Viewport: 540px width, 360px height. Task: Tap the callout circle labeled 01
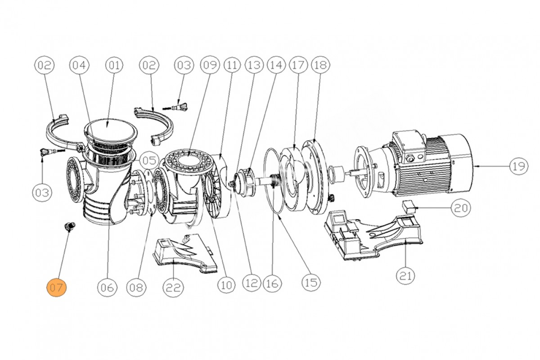114,66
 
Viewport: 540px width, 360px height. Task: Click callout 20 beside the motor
462,208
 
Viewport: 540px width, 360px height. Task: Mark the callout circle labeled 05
148,160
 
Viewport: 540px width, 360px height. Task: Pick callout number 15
311,283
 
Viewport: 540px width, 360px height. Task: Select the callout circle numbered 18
319,66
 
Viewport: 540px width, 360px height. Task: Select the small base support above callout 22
184,254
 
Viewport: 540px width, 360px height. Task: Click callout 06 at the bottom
108,287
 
